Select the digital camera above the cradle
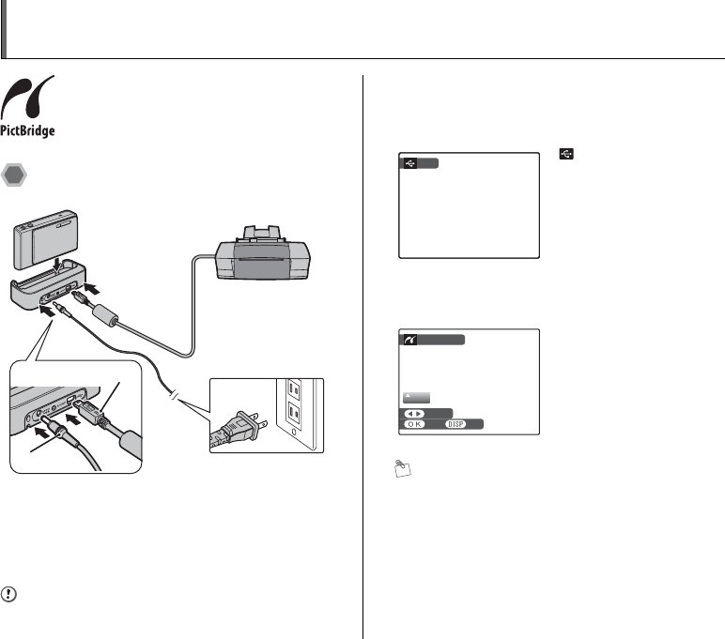click(x=50, y=235)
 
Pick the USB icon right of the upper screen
click(x=565, y=152)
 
